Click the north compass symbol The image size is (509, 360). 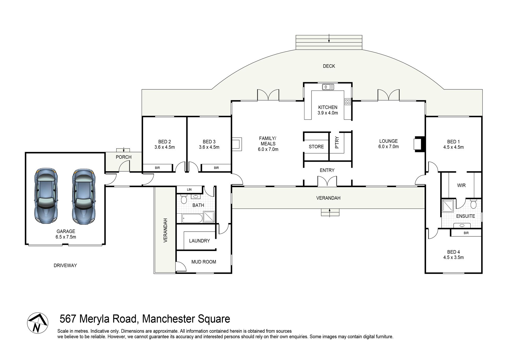pyautogui.click(x=38, y=323)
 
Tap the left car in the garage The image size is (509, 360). pyautogui.click(x=46, y=196)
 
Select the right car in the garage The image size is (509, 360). pyautogui.click(x=84, y=196)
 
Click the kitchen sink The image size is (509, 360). pyautogui.click(x=328, y=87)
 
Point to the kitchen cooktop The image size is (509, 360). pyautogui.click(x=348, y=101)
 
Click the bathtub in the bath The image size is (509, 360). pyautogui.click(x=192, y=218)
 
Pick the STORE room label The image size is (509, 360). pyautogui.click(x=316, y=147)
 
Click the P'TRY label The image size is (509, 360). pyautogui.click(x=337, y=142)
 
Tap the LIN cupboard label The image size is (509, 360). pyautogui.click(x=189, y=189)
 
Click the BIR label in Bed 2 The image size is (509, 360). pyautogui.click(x=157, y=168)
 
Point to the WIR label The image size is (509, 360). pyautogui.click(x=461, y=185)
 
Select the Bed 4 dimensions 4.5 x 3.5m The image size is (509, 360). pyautogui.click(x=453, y=257)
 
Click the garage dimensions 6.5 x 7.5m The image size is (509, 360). pyautogui.click(x=66, y=237)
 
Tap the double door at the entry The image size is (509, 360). pyautogui.click(x=327, y=181)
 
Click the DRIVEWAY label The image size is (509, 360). pyautogui.click(x=65, y=265)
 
